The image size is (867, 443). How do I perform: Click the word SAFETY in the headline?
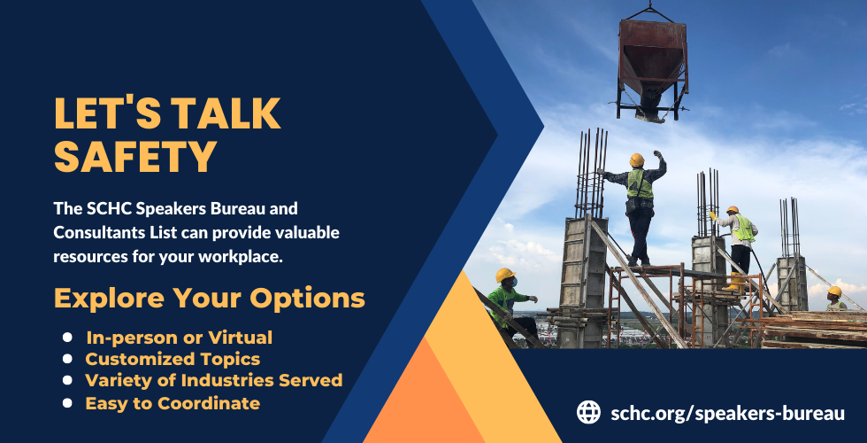tap(134, 157)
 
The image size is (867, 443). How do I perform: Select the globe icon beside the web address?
tap(588, 413)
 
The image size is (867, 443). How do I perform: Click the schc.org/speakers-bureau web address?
tap(727, 413)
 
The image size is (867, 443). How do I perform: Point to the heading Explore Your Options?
tap(210, 299)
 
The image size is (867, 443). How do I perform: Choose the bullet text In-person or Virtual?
tap(179, 338)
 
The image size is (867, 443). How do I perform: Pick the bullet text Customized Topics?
tap(173, 359)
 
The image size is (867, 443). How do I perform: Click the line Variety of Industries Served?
tap(214, 380)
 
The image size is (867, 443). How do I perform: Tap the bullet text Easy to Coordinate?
tap(173, 403)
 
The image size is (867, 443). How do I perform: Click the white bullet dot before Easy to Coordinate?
tap(67, 402)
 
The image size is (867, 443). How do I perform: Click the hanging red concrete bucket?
tap(652, 66)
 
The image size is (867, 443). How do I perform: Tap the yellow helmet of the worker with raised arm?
tap(637, 159)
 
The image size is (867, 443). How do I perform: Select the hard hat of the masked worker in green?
tap(505, 275)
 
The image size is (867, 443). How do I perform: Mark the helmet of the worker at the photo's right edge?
tap(834, 291)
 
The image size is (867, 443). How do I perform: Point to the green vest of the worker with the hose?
tap(744, 229)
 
